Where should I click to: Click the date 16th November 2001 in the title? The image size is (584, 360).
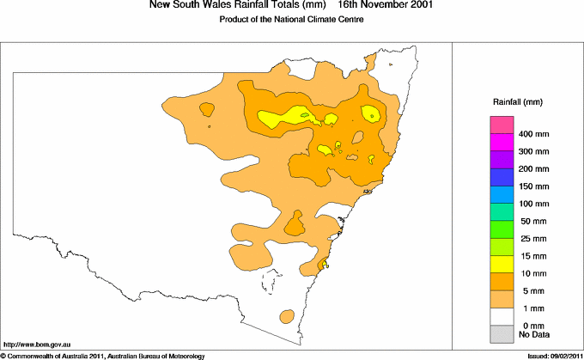tap(386, 6)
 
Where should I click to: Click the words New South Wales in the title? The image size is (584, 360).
tap(180, 6)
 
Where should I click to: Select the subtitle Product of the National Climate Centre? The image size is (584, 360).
tap(292, 20)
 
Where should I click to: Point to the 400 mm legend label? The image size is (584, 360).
tap(532, 135)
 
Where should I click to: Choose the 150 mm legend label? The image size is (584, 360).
tap(532, 186)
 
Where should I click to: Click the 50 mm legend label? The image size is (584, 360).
tap(532, 221)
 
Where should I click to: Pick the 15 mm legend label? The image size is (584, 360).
tap(532, 255)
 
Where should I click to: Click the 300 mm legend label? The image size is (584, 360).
tap(532, 152)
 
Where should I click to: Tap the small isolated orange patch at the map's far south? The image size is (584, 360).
tap(286, 317)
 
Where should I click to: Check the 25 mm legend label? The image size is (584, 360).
tap(532, 238)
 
